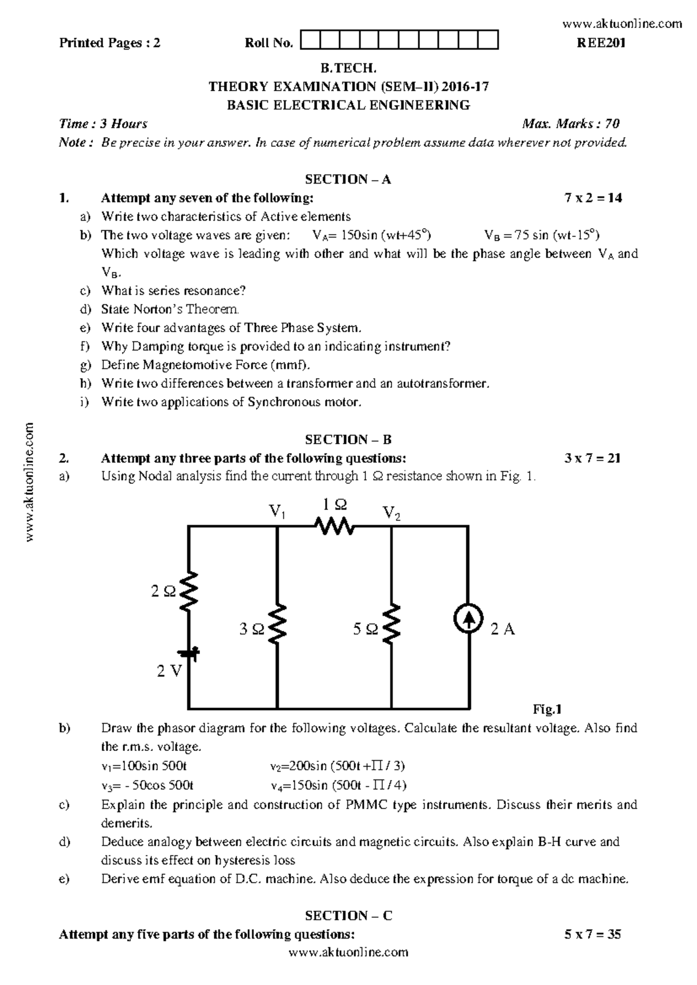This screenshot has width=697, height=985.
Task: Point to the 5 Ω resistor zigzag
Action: pos(392,623)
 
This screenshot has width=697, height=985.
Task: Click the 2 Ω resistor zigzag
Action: pos(189,591)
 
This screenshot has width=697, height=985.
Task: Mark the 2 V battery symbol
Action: pos(189,654)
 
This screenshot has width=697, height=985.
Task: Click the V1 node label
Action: pos(276,512)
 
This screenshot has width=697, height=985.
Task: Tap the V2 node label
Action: pos(391,513)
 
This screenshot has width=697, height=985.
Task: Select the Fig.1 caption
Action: pos(547,709)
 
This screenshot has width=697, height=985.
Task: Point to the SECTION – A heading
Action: pos(348,179)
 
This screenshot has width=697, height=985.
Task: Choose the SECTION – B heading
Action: pos(348,440)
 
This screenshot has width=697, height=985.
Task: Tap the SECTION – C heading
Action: pos(348,916)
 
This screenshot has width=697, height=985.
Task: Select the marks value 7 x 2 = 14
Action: pos(592,198)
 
